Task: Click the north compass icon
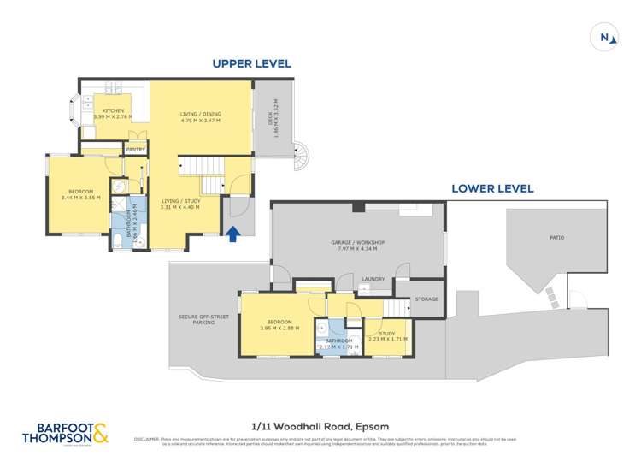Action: point(605,37)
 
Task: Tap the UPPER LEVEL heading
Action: point(251,63)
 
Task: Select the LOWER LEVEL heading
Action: point(492,188)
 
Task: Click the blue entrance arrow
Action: point(232,232)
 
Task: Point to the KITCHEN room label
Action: point(114,111)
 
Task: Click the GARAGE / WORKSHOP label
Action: point(358,243)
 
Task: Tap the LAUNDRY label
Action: point(373,278)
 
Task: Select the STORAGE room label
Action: point(426,299)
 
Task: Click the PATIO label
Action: point(556,237)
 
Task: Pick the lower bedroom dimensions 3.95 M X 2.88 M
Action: point(279,327)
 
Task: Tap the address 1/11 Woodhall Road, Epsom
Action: point(320,425)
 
